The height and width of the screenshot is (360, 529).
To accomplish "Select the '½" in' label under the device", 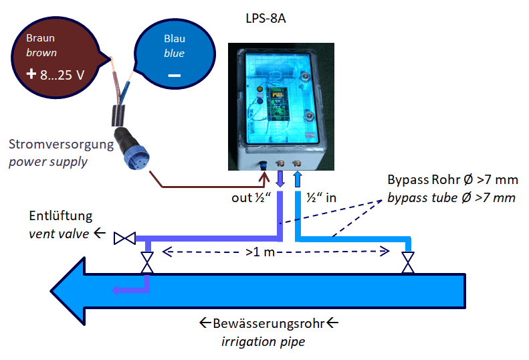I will (320, 199).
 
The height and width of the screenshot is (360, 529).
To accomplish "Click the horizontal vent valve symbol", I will (125, 238).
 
